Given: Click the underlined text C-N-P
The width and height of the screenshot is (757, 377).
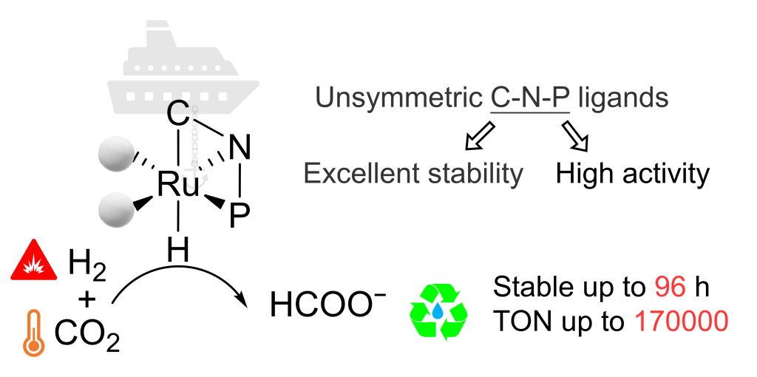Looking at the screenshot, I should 530,98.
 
